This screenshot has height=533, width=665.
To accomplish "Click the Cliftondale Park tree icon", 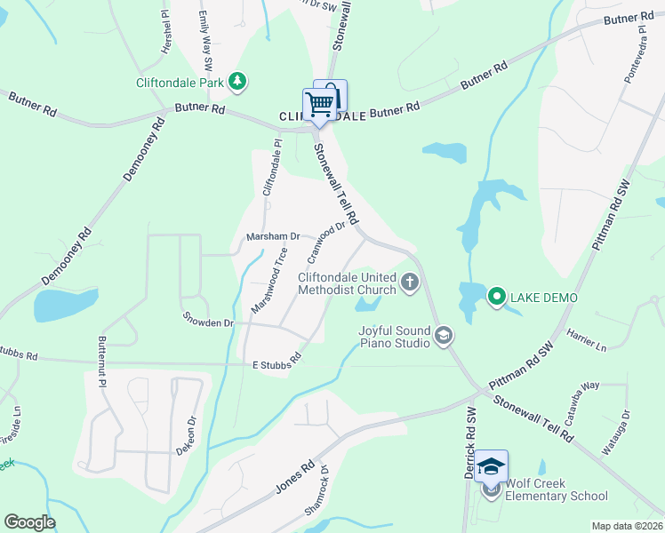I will (x=236, y=83).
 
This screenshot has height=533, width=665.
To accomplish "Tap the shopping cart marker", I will (x=319, y=103).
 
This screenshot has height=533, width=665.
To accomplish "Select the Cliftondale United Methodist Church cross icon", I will (x=410, y=282).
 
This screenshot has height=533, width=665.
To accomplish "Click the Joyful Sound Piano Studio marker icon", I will (x=444, y=336).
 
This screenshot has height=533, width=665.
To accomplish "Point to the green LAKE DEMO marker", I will (x=496, y=298).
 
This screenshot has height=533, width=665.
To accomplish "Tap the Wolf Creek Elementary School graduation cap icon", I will (x=492, y=465).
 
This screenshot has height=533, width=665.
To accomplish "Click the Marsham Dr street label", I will (x=274, y=237).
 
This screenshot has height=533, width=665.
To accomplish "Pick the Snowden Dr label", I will (x=208, y=320).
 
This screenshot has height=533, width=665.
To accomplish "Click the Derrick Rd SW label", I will (x=469, y=442).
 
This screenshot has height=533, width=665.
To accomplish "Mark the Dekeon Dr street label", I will (x=184, y=436).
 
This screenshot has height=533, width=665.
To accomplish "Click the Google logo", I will (x=29, y=522).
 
